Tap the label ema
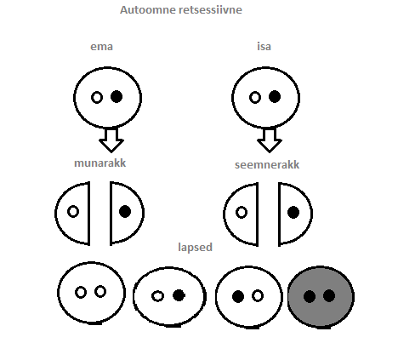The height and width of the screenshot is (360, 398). pyautogui.click(x=101, y=47)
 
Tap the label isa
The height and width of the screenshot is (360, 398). pyautogui.click(x=264, y=46)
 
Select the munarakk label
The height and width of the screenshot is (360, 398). pyautogui.click(x=99, y=163)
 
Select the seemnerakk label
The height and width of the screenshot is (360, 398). pyautogui.click(x=267, y=164)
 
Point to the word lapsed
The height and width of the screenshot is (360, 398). pyautogui.click(x=195, y=247)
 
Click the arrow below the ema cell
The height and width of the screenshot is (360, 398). pyautogui.click(x=111, y=140)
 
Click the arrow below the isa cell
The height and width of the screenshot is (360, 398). pyautogui.click(x=270, y=140)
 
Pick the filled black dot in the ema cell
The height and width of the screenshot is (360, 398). pyautogui.click(x=117, y=97)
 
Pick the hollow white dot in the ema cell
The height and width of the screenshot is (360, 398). pyautogui.click(x=97, y=98)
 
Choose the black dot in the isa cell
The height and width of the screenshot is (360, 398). pyautogui.click(x=275, y=96)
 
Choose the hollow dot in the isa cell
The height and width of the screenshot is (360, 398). pyautogui.click(x=255, y=97)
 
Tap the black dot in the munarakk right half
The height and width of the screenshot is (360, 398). pyautogui.click(x=125, y=212)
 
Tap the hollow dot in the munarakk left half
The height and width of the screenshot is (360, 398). pyautogui.click(x=73, y=212)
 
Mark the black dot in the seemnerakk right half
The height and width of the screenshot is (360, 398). pyautogui.click(x=293, y=212)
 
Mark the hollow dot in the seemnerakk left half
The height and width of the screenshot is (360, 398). pyautogui.click(x=242, y=213)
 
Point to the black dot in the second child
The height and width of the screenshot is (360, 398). pyautogui.click(x=179, y=295)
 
